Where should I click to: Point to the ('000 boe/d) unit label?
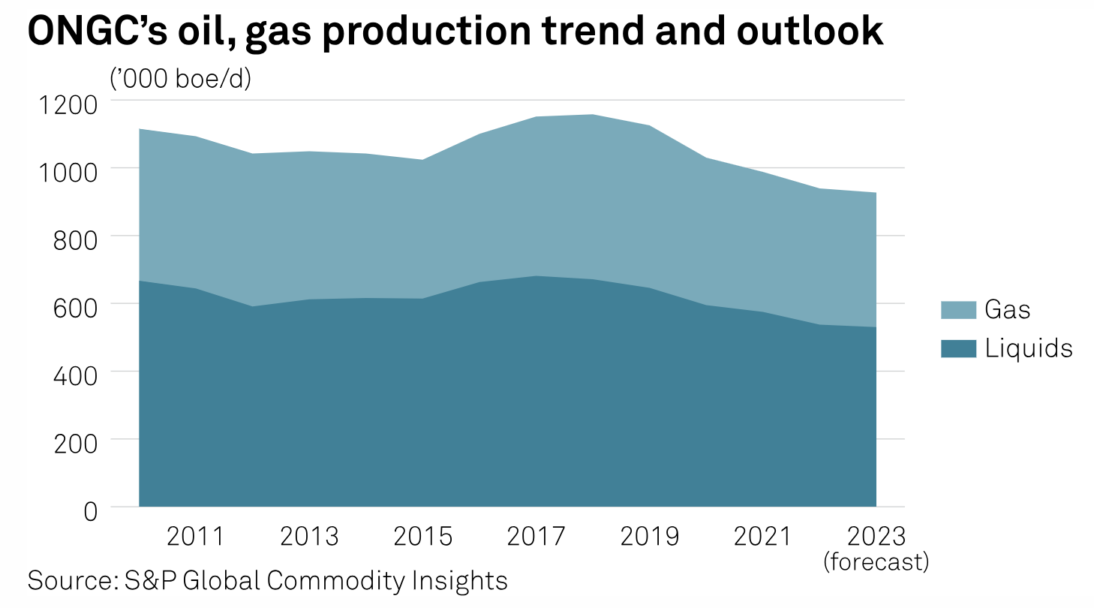(x=180, y=78)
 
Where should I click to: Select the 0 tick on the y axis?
(x=90, y=511)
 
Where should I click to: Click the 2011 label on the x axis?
(x=196, y=537)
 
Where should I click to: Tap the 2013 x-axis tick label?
(x=309, y=537)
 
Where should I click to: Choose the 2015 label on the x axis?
(x=423, y=537)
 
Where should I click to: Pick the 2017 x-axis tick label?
(x=536, y=537)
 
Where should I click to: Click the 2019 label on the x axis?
(x=650, y=537)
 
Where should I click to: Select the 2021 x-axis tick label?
(x=763, y=537)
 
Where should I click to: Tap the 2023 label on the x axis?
(x=876, y=537)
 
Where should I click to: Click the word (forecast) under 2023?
(x=876, y=561)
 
